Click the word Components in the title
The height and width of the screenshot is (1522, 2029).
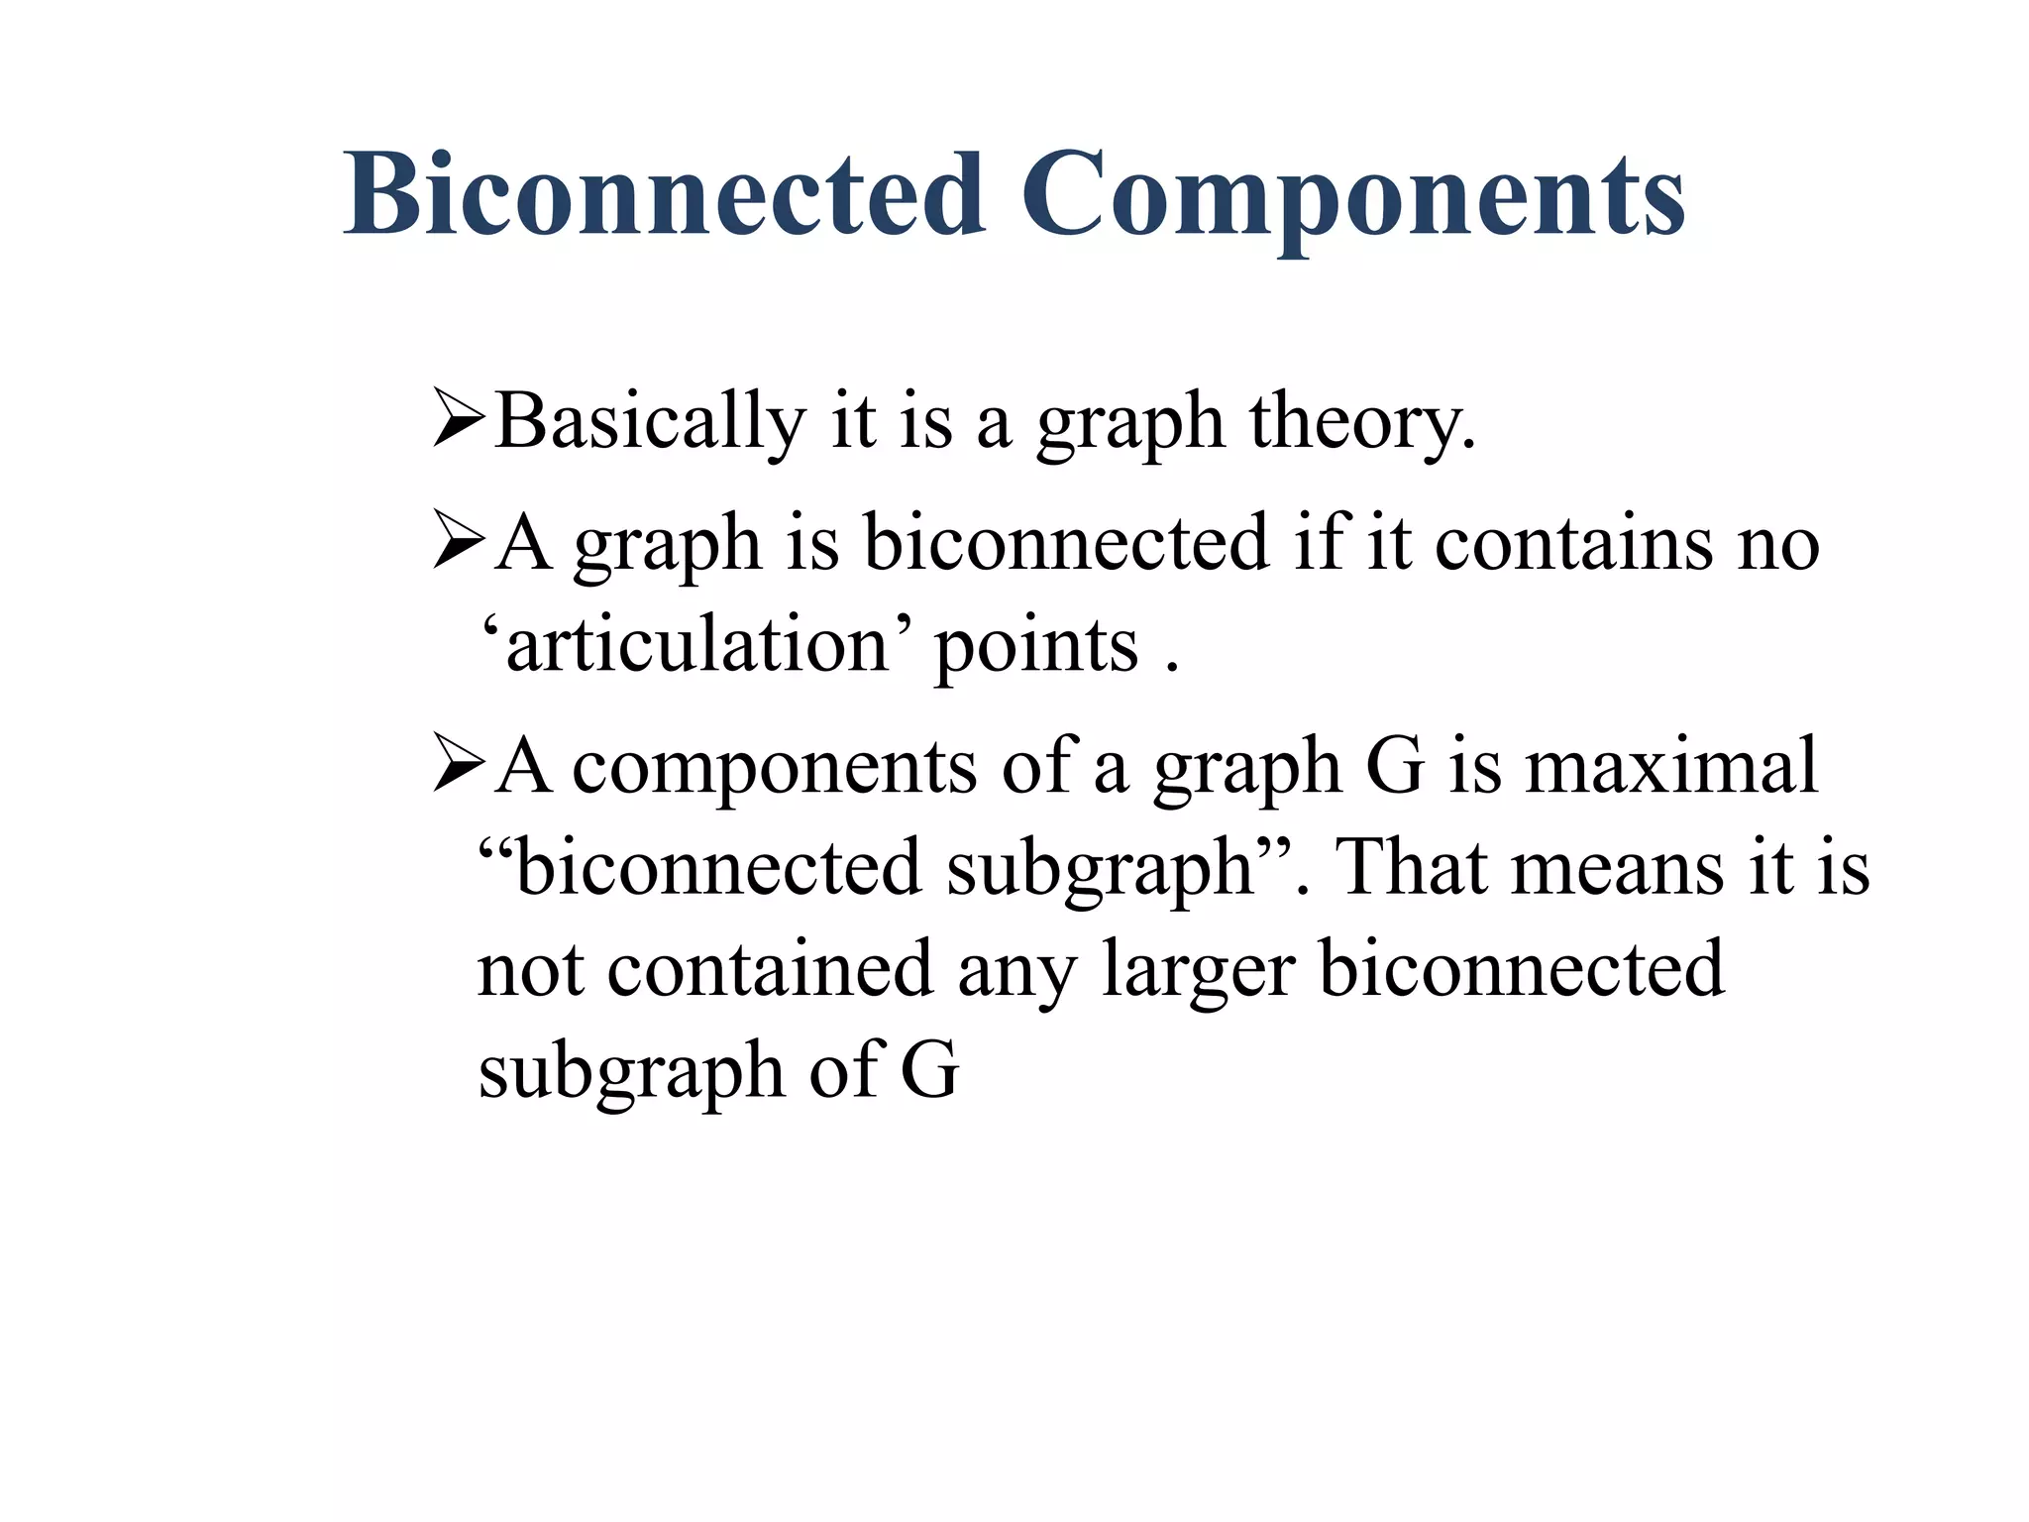click(x=1353, y=195)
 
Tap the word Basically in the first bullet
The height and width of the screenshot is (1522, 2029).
click(x=650, y=422)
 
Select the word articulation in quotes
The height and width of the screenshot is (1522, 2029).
click(x=698, y=646)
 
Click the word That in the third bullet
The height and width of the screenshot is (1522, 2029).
click(x=1411, y=867)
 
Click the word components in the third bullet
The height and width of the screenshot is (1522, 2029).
click(x=775, y=769)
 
